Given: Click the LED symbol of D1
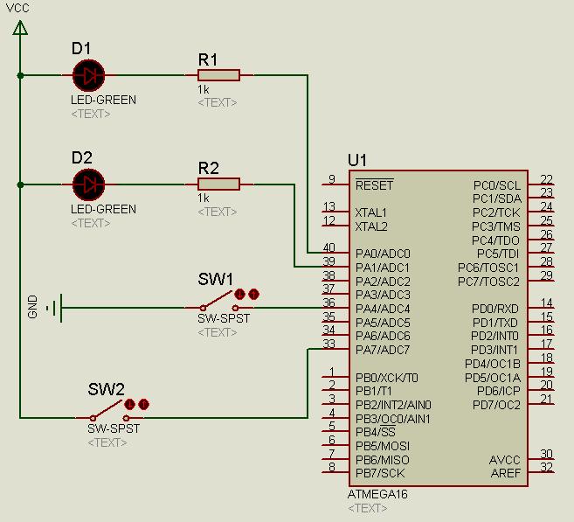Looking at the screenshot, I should click(x=86, y=75).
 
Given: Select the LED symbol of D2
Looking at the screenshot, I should click(x=86, y=184).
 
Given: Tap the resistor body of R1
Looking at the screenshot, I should click(x=218, y=75).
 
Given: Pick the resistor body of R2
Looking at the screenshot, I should click(x=218, y=184).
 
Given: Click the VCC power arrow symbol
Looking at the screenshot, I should click(x=20, y=28).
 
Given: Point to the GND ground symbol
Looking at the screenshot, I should click(x=55, y=308).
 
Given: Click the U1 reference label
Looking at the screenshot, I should click(x=357, y=160).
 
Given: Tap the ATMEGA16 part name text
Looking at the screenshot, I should click(x=377, y=494).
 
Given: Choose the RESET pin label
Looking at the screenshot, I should click(x=374, y=185).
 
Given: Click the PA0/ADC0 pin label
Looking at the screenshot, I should click(x=383, y=254).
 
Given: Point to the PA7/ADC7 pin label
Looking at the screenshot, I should click(x=383, y=350).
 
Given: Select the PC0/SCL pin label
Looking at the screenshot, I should click(x=496, y=185).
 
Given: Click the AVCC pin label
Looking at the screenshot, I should click(x=505, y=460).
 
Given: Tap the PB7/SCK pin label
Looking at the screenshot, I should click(x=380, y=473).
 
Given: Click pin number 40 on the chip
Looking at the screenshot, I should click(x=328, y=248).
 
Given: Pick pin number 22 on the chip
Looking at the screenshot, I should click(x=546, y=180).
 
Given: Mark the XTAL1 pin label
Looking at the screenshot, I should click(x=371, y=212).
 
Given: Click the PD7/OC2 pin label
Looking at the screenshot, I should click(x=495, y=405).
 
